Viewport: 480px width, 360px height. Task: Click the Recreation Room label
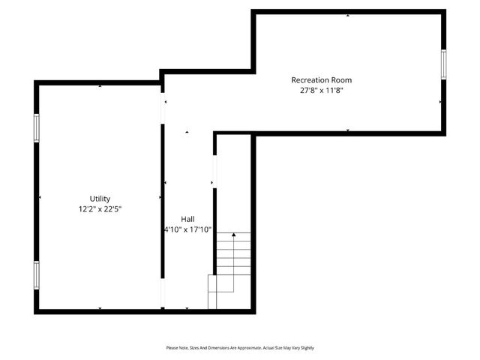click(321, 79)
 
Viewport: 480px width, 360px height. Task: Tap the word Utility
click(100, 199)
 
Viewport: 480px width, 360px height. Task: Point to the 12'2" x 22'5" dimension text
click(100, 209)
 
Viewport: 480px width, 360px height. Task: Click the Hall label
click(187, 219)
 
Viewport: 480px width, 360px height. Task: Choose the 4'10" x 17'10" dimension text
click(187, 229)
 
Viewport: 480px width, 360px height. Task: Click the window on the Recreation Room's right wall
click(443, 64)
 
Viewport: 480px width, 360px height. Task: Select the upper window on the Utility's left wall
click(36, 127)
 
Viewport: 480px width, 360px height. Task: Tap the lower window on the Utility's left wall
click(36, 275)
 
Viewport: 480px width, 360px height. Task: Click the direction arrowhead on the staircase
click(234, 235)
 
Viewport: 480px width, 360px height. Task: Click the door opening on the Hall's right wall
click(214, 172)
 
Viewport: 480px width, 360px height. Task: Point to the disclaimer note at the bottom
click(240, 348)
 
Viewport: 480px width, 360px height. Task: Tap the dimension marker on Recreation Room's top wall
click(347, 15)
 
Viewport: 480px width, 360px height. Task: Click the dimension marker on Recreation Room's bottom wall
click(347, 130)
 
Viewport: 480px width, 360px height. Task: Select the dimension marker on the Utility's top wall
click(100, 86)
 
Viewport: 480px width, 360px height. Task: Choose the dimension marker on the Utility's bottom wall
click(100, 307)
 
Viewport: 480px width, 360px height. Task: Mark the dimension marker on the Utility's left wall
click(40, 197)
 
